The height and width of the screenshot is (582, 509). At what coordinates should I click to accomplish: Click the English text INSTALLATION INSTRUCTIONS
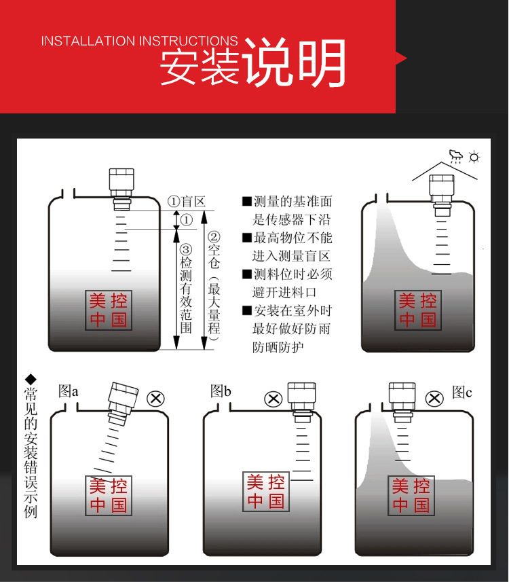pyautogui.click(x=139, y=41)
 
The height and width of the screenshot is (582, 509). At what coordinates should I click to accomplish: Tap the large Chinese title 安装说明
pyautogui.click(x=253, y=62)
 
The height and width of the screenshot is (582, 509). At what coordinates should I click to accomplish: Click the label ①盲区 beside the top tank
pyautogui.click(x=186, y=202)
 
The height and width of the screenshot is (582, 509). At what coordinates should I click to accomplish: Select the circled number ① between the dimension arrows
pyautogui.click(x=186, y=220)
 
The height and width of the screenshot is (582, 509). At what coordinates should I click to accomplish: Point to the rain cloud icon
pyautogui.click(x=455, y=156)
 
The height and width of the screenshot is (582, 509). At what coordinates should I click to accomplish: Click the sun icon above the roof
pyautogui.click(x=474, y=157)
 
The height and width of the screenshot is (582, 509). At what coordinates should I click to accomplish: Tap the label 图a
pyautogui.click(x=69, y=391)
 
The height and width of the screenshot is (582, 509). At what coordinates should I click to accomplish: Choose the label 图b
pyautogui.click(x=221, y=391)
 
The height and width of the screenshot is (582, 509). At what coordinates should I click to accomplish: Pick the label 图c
pyautogui.click(x=462, y=392)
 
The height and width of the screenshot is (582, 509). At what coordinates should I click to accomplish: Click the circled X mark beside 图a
pyautogui.click(x=156, y=399)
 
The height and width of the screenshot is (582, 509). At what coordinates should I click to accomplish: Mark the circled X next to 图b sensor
pyautogui.click(x=274, y=399)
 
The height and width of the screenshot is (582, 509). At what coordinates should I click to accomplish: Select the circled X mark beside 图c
pyautogui.click(x=434, y=399)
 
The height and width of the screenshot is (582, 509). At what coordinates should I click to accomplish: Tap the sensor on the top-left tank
pyautogui.click(x=121, y=189)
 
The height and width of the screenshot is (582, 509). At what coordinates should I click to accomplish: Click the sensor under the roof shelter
pyautogui.click(x=442, y=195)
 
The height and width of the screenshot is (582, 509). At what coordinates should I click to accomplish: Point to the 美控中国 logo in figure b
pyautogui.click(x=265, y=492)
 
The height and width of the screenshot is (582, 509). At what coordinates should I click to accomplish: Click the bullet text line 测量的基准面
pyautogui.click(x=288, y=202)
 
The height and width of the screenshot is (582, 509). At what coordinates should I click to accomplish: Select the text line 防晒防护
pyautogui.click(x=278, y=348)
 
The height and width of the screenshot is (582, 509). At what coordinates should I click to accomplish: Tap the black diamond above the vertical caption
pyautogui.click(x=31, y=380)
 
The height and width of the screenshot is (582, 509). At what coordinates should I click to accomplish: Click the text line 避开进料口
pyautogui.click(x=284, y=293)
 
